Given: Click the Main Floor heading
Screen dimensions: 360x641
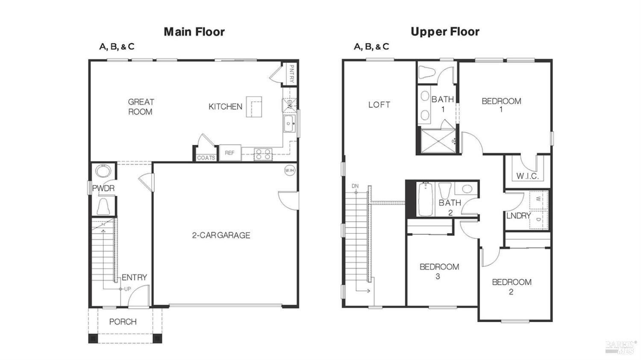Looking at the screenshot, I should [194, 32].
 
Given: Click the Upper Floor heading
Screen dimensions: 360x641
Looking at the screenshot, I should [445, 32].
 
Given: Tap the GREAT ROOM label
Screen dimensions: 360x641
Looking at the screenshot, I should [141, 107].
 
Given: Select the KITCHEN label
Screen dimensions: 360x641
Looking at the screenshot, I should [225, 106].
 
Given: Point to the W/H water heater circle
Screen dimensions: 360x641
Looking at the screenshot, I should [290, 171].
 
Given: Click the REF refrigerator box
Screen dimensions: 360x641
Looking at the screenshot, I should [230, 153].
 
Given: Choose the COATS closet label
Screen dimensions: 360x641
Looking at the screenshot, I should [206, 158].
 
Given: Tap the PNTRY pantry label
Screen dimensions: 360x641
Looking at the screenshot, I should [291, 74].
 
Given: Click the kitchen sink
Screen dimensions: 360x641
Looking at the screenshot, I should [289, 124].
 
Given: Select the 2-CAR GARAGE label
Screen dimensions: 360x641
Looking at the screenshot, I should [221, 235].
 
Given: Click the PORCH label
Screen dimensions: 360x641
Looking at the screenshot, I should [123, 322].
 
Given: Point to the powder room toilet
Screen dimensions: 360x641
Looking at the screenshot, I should [103, 207].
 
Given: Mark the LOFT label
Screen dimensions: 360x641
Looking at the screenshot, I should [379, 104].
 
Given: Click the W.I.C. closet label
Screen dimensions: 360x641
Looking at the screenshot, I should [527, 176].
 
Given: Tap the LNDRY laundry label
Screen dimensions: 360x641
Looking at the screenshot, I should [518, 216].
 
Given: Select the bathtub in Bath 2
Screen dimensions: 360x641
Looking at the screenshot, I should [425, 199].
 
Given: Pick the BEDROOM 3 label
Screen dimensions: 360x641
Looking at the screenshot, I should [439, 271].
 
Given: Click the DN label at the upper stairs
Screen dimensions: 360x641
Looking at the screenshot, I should [355, 186].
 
